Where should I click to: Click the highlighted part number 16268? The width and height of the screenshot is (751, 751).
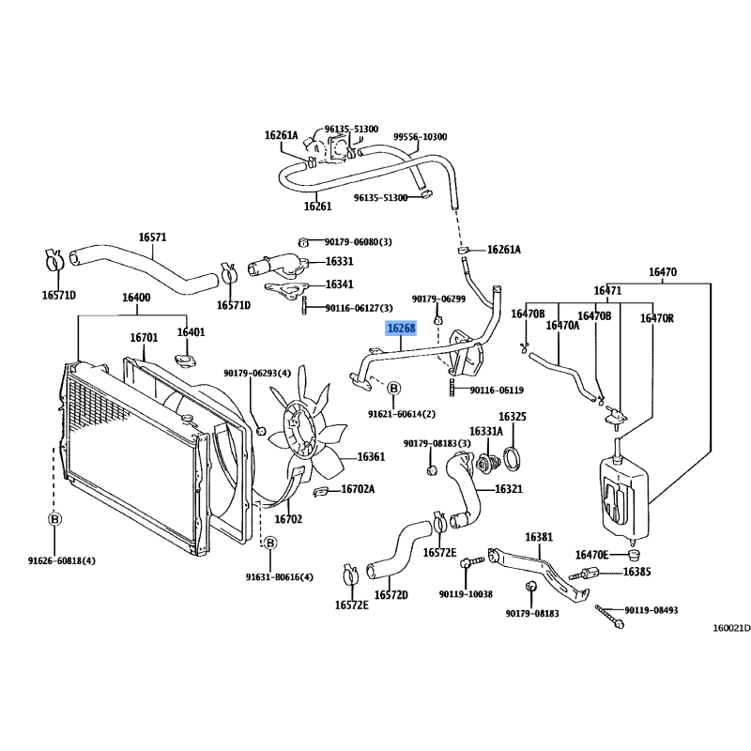(402, 329)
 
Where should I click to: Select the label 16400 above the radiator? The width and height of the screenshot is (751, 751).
(136, 298)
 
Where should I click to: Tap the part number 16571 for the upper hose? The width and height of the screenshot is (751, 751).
(152, 238)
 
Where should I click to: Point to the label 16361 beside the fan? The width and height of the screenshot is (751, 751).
(371, 457)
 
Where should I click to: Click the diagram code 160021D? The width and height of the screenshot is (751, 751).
(731, 628)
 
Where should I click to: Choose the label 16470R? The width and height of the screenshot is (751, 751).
(656, 318)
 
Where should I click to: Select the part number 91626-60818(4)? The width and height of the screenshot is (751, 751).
(61, 560)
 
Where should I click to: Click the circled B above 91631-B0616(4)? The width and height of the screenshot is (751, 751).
(270, 544)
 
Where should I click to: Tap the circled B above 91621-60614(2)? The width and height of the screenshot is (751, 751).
(393, 388)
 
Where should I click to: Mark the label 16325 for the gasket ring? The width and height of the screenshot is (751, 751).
(512, 417)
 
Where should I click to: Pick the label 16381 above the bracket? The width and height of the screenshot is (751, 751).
(539, 537)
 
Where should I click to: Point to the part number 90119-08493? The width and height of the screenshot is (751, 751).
(651, 610)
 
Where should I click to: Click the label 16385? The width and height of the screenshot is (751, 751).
(636, 572)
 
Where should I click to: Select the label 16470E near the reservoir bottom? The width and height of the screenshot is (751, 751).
(591, 555)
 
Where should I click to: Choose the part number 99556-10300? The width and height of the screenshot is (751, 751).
(420, 137)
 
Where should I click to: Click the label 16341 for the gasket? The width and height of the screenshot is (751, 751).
(339, 284)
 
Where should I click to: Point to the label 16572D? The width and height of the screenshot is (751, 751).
(391, 595)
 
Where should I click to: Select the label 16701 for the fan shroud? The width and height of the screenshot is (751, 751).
(144, 338)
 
